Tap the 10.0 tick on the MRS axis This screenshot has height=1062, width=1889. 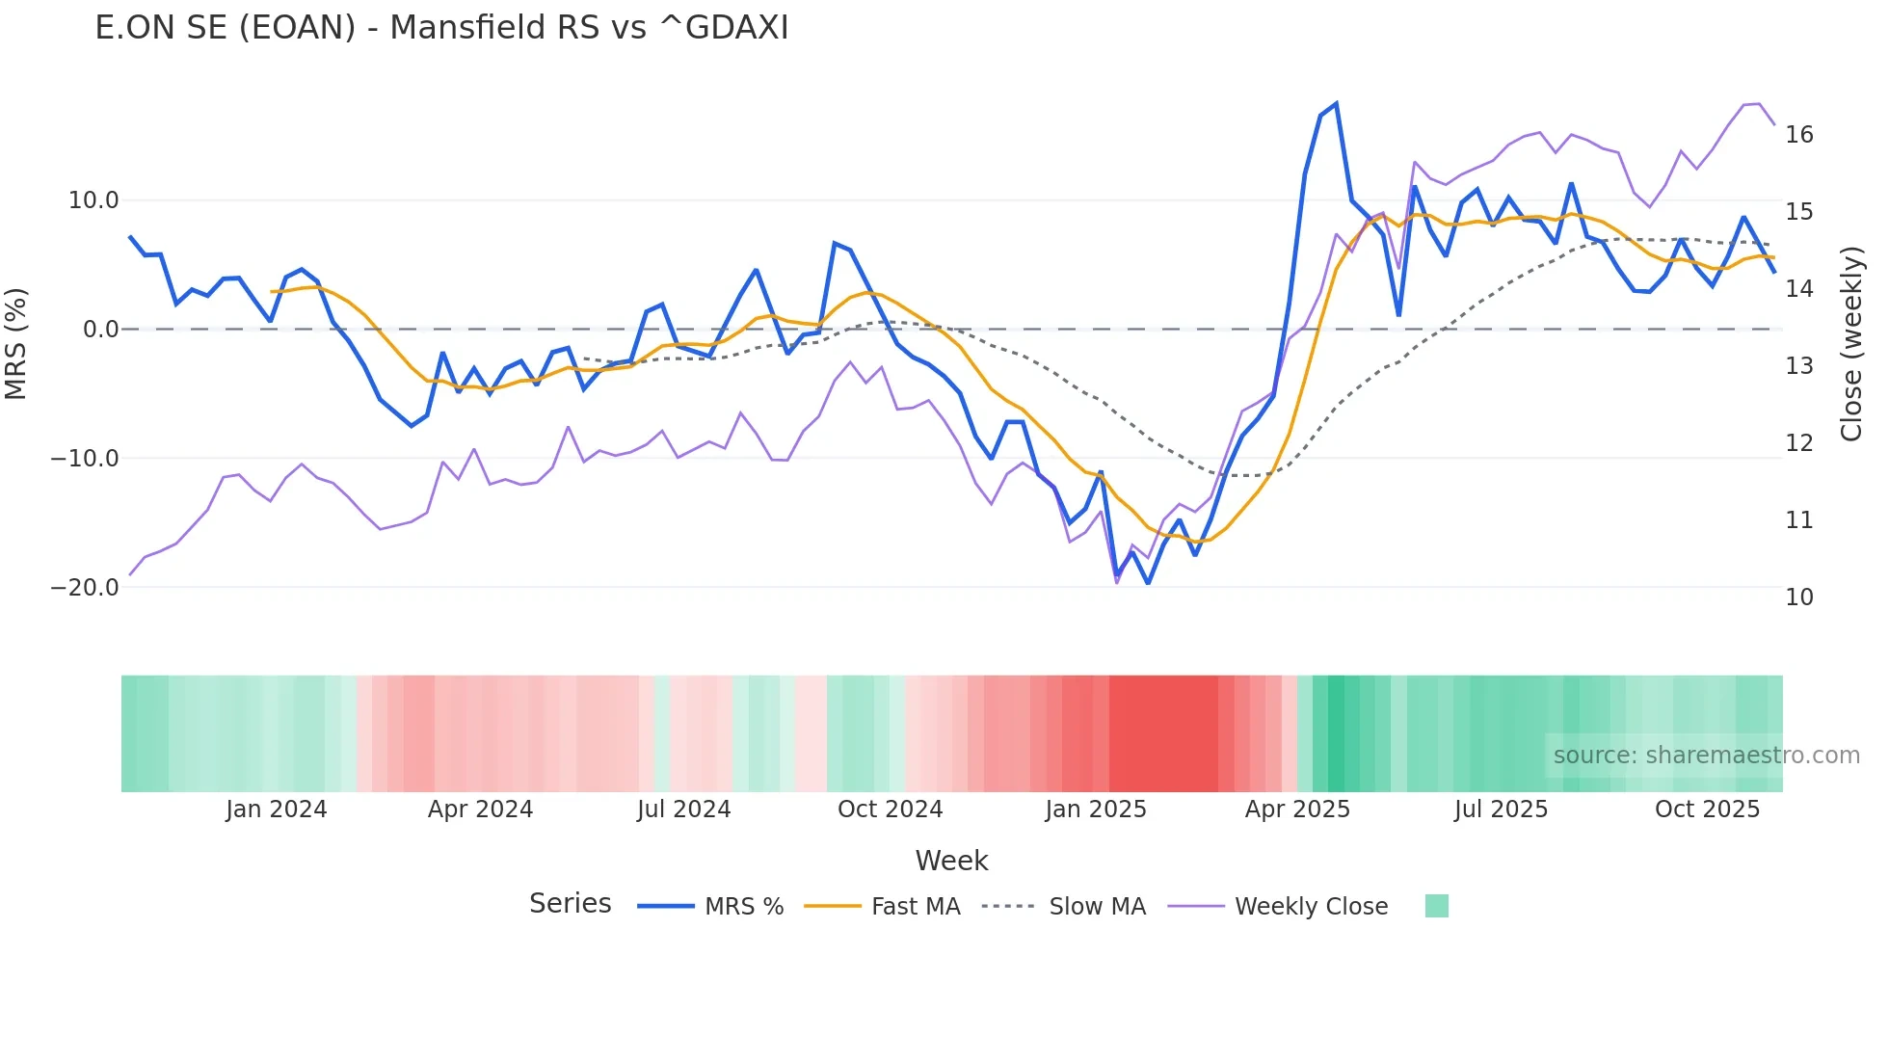tap(93, 200)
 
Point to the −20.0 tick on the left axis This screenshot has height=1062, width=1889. tap(85, 587)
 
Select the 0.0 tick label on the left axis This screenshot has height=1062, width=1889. tap(100, 330)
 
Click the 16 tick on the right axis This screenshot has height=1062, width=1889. tap(1798, 135)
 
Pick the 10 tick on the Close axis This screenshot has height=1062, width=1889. tap(1798, 597)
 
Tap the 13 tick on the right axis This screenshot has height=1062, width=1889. tap(1798, 366)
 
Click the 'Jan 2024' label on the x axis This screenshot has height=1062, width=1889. tap(277, 810)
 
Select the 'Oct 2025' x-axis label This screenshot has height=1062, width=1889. tap(1707, 810)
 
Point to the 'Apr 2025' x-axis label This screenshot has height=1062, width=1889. tap(1297, 810)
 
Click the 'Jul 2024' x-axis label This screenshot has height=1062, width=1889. tap(683, 810)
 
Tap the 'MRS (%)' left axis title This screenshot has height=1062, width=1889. tap(16, 343)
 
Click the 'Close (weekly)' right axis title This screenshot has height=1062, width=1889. tap(1850, 344)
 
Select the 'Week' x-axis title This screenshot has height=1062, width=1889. tap(951, 861)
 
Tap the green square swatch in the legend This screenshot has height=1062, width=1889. tap(1436, 906)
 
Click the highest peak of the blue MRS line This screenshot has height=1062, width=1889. tap(1336, 104)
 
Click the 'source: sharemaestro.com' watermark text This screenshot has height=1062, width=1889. tap(1706, 756)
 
